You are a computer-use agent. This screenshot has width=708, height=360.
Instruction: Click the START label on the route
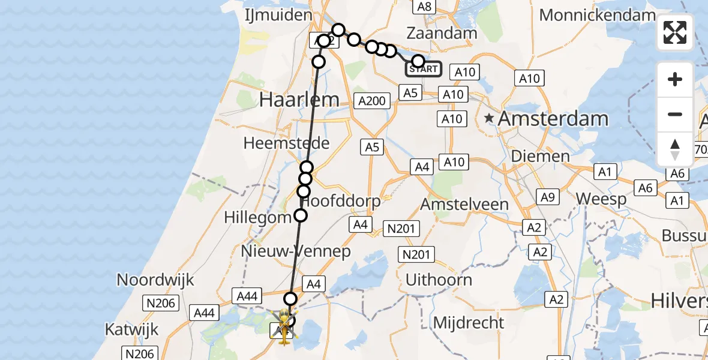click(x=424, y=69)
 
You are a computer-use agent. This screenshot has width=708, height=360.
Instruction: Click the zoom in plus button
click(x=675, y=79)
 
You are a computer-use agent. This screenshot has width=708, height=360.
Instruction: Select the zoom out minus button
click(x=675, y=114)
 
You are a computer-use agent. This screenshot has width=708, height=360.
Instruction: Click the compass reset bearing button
click(x=675, y=149)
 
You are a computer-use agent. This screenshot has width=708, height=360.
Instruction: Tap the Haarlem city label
click(x=299, y=100)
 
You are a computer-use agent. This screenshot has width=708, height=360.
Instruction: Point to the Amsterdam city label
click(x=553, y=119)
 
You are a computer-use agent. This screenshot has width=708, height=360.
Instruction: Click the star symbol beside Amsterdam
click(x=490, y=119)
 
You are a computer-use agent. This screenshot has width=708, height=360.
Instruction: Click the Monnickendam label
click(x=597, y=15)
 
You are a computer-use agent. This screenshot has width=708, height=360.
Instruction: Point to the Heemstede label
click(x=286, y=143)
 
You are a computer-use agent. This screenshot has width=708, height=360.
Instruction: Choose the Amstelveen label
click(x=464, y=204)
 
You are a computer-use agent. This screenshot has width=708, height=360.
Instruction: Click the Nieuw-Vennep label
click(x=295, y=251)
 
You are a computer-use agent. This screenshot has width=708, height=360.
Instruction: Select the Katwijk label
click(x=131, y=329)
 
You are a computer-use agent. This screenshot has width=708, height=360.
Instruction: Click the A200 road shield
click(x=371, y=101)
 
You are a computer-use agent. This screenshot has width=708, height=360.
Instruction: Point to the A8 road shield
click(x=424, y=7)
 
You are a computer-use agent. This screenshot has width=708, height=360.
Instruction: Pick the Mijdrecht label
click(x=469, y=323)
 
